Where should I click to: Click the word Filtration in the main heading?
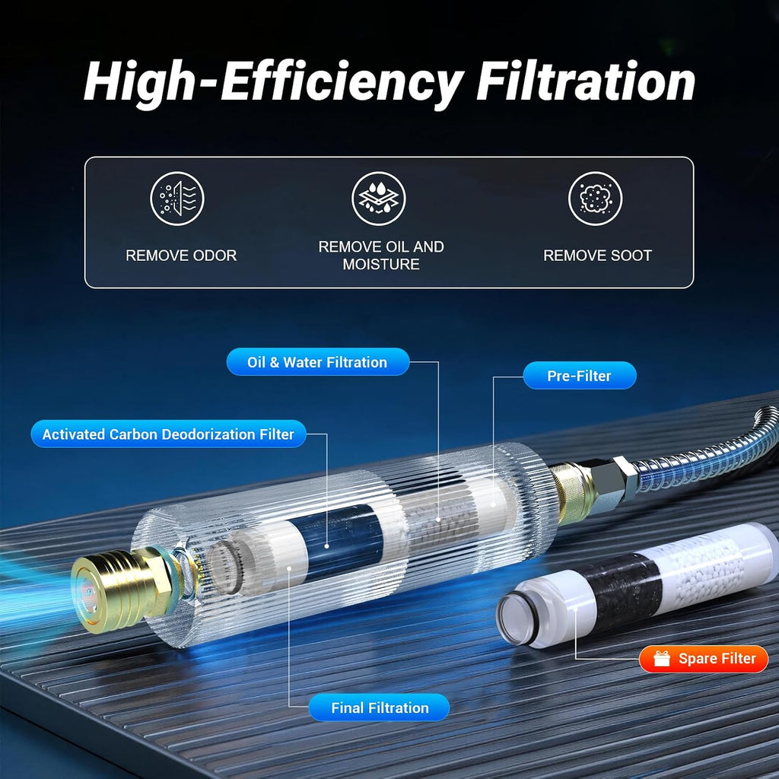point(585,81)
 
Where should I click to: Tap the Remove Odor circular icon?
point(177,199)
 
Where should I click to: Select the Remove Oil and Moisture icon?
point(379,199)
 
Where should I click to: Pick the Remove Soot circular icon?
point(595,199)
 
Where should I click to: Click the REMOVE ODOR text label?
point(181,256)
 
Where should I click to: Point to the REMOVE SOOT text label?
point(598,256)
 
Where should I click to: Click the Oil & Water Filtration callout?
point(318,361)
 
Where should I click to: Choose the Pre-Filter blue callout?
point(579,376)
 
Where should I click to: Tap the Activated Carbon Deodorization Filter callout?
point(168,434)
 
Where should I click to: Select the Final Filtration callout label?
point(379,707)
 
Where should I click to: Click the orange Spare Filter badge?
point(704,659)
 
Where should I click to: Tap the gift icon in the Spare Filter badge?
point(662,658)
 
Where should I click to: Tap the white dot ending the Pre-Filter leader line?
point(493,505)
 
